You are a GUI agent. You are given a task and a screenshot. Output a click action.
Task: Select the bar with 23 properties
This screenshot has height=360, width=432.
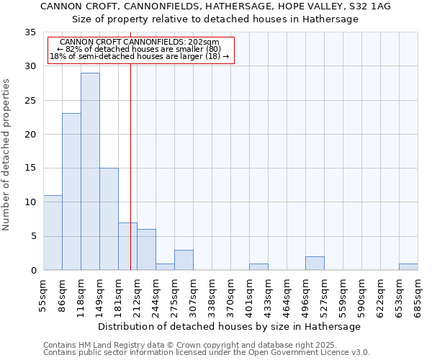tap(71, 192)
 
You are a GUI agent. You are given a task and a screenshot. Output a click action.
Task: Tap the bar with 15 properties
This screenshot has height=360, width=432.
tap(109, 219)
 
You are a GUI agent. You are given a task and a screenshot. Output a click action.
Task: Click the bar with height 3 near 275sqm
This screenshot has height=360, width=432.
tap(184, 260)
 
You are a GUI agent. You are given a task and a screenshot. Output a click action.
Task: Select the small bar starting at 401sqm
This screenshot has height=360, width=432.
tap(258, 266)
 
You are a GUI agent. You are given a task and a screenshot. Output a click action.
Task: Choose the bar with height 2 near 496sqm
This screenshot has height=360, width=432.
tap(315, 264)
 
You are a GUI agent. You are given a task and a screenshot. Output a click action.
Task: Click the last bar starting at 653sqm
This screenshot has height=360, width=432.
tap(408, 266)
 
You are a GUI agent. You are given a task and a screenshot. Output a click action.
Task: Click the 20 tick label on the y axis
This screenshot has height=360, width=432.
tap(30, 135)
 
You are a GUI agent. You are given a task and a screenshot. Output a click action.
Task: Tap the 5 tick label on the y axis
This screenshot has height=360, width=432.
tap(32, 236)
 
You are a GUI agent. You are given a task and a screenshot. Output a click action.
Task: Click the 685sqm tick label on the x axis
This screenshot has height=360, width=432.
tap(418, 293)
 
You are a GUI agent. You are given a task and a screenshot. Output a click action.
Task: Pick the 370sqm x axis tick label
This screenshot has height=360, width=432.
tap(230, 293)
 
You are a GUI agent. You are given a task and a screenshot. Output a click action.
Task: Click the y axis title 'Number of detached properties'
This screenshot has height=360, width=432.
tap(6, 155)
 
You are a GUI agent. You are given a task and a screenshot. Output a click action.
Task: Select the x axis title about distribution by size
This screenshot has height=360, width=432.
tap(229, 326)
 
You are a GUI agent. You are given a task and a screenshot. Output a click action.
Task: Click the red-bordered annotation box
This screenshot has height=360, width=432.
tap(141, 50)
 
